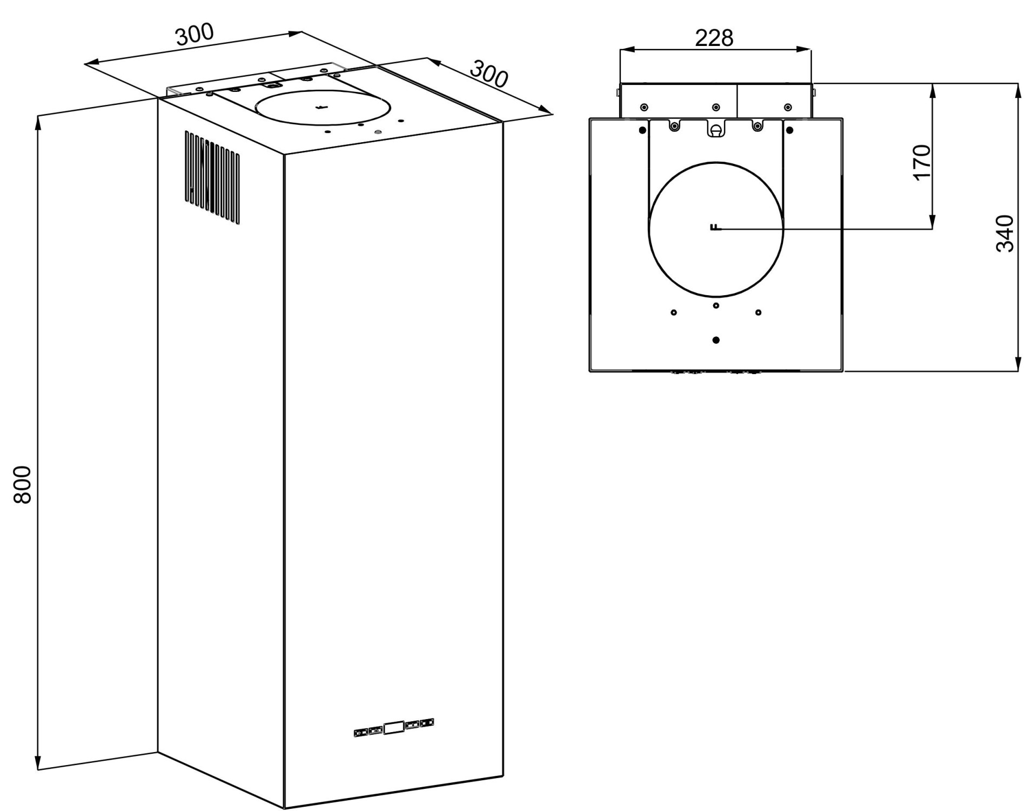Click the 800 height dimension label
22,484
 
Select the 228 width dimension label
714,38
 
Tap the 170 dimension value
922,162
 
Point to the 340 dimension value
1004,234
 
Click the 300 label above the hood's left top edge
195,35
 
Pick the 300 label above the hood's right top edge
489,74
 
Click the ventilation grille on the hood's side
212,177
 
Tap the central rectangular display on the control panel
393,727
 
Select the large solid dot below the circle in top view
716,340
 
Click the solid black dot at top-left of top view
642,130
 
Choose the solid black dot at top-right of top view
789,130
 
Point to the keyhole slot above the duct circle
716,130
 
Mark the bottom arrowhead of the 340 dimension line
1017,363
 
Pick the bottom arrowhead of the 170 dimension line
932,221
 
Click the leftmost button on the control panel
360,733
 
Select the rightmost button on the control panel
427,722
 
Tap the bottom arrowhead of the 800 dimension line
38,762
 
